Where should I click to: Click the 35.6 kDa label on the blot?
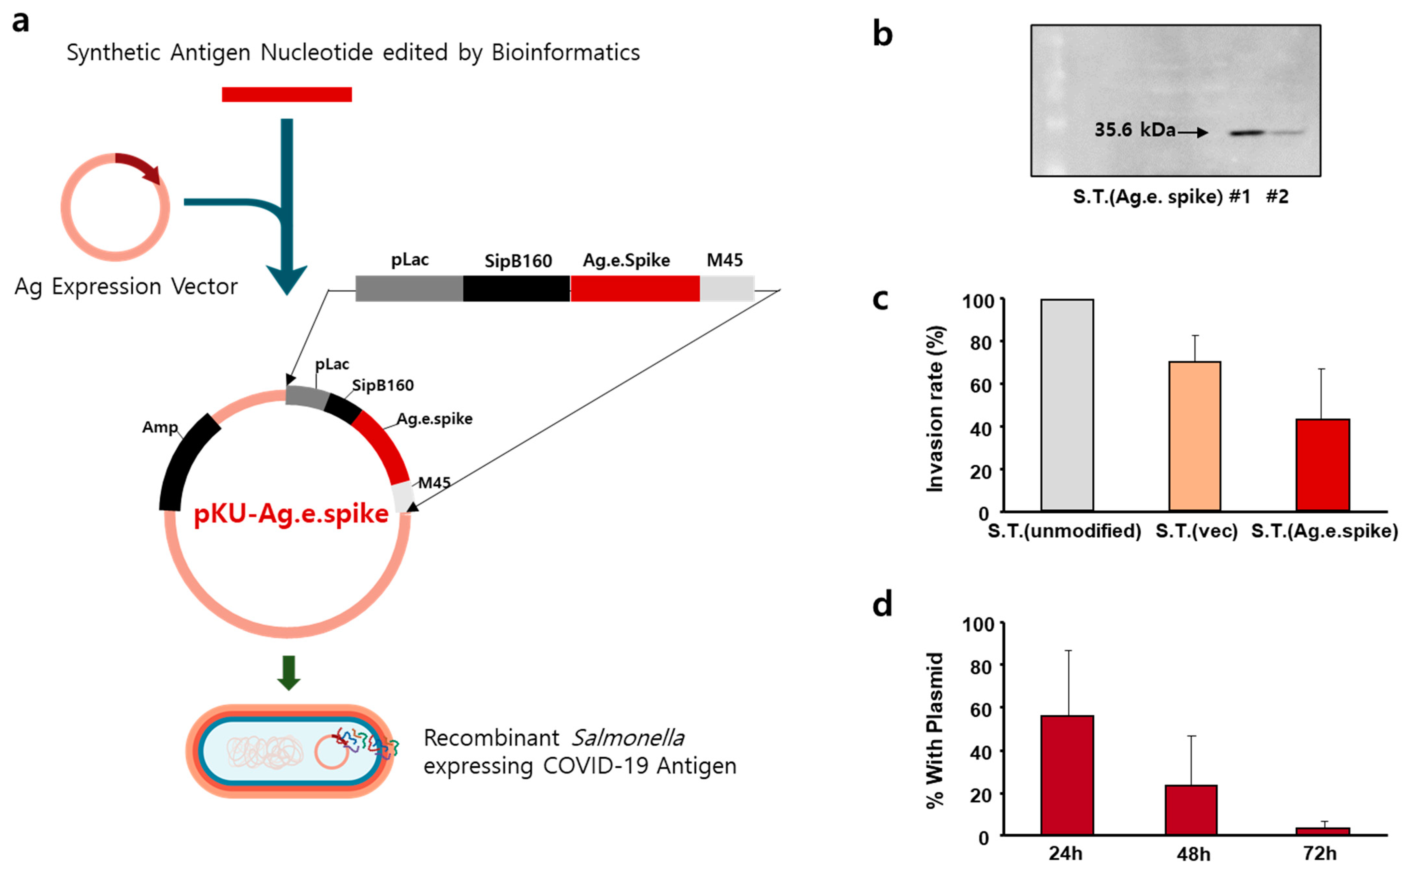[1134, 130]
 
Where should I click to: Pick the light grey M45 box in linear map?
[727, 288]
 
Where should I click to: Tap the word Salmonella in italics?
[628, 738]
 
